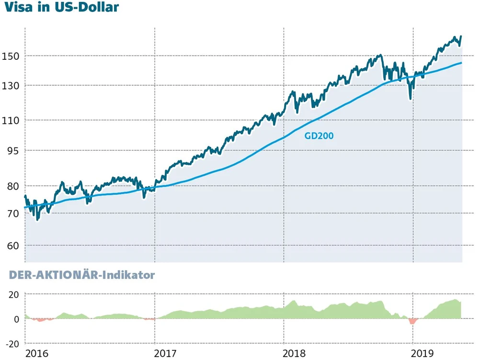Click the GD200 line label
[x=319, y=136]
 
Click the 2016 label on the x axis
[x=37, y=354]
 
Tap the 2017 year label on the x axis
[x=166, y=354]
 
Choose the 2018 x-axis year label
[x=295, y=354]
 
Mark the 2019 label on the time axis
[x=424, y=354]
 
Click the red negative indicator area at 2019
[x=412, y=321]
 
